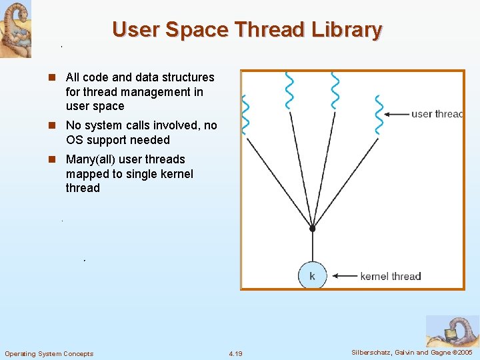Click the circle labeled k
tap(312, 275)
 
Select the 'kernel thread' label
tap(390, 276)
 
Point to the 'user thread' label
tap(437, 114)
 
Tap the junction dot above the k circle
tap(312, 229)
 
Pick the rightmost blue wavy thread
tap(379, 114)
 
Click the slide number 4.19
tap(235, 353)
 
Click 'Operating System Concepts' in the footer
tap(49, 353)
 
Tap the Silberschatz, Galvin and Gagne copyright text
tap(411, 353)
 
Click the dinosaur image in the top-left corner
tap(15, 29)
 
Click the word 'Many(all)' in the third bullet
tap(92, 159)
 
